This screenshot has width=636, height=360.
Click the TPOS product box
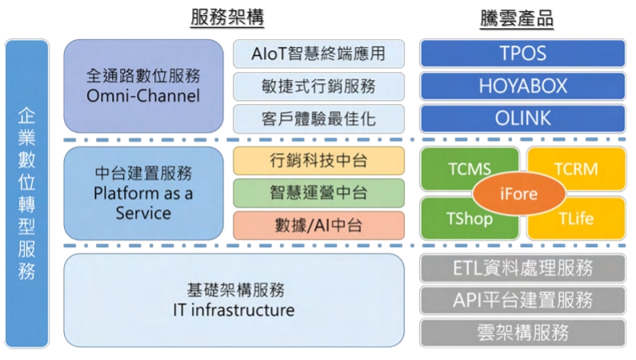tap(523, 53)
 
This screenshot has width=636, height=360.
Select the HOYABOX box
tap(523, 86)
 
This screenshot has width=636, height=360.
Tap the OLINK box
tap(523, 118)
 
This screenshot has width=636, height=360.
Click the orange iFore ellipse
tap(518, 194)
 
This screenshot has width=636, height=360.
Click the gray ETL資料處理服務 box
tap(523, 268)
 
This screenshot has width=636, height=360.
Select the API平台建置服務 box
tap(523, 300)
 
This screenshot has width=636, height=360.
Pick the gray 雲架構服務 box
tap(523, 333)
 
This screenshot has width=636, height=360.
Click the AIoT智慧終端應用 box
tap(318, 54)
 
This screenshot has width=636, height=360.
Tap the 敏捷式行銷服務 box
tap(318, 86)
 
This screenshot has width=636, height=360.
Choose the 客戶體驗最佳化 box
tap(318, 118)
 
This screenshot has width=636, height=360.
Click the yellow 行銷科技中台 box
tap(318, 161)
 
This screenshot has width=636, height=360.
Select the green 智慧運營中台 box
tap(318, 193)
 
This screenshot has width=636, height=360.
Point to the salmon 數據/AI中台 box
tap(318, 226)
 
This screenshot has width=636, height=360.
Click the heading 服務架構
tap(227, 18)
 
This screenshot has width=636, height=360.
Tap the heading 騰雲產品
tap(517, 18)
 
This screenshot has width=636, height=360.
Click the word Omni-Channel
tap(143, 96)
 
